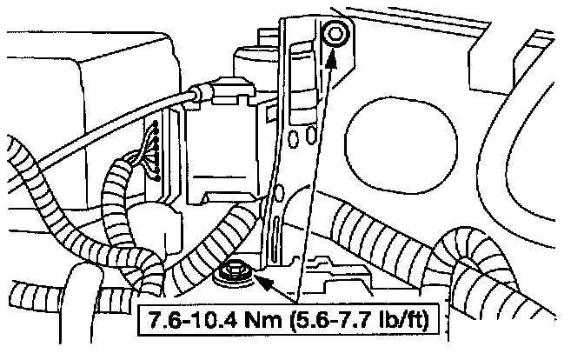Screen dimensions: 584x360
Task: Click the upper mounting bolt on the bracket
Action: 335,35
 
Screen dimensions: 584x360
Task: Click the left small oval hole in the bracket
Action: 294,138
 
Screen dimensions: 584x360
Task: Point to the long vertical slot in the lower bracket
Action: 276,239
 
